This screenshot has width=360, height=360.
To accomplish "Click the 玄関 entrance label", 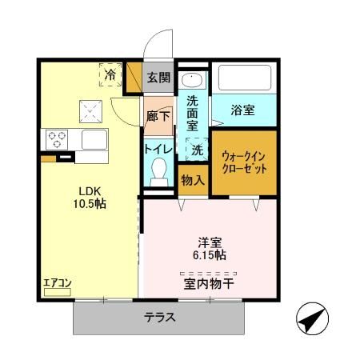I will [x=159, y=78].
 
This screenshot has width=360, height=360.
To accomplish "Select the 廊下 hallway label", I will [x=159, y=116].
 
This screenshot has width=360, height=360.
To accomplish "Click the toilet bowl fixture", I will [x=159, y=170].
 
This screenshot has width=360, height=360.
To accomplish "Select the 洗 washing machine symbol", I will [x=195, y=148].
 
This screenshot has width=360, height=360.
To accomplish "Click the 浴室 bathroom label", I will [x=243, y=110].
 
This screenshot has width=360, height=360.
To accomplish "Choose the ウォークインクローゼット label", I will [x=244, y=163].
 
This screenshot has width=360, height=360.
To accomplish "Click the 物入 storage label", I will [x=193, y=180].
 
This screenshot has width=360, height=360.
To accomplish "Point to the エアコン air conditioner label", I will [x=58, y=282].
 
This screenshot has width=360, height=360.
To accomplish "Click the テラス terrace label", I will [x=160, y=317].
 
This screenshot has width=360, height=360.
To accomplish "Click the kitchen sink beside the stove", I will [x=94, y=139].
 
